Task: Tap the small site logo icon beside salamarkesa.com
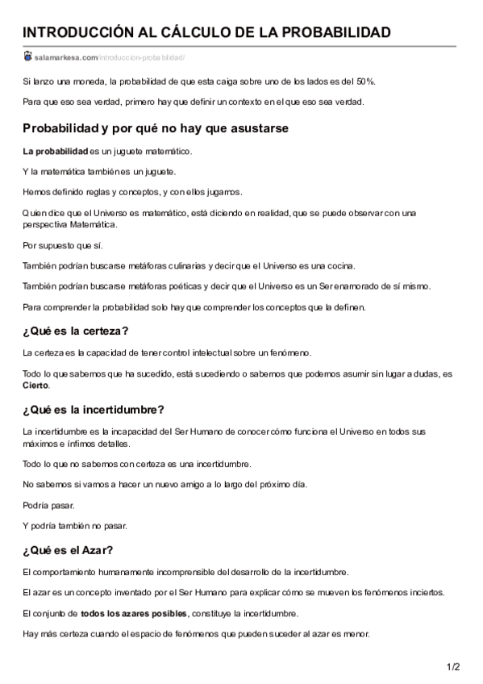point(28,56)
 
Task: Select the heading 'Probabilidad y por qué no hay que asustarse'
point(156,128)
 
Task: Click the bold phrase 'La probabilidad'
point(55,151)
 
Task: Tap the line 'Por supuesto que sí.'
point(63,245)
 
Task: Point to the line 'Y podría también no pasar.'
point(75,525)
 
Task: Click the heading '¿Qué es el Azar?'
point(68,550)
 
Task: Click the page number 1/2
point(453,666)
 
